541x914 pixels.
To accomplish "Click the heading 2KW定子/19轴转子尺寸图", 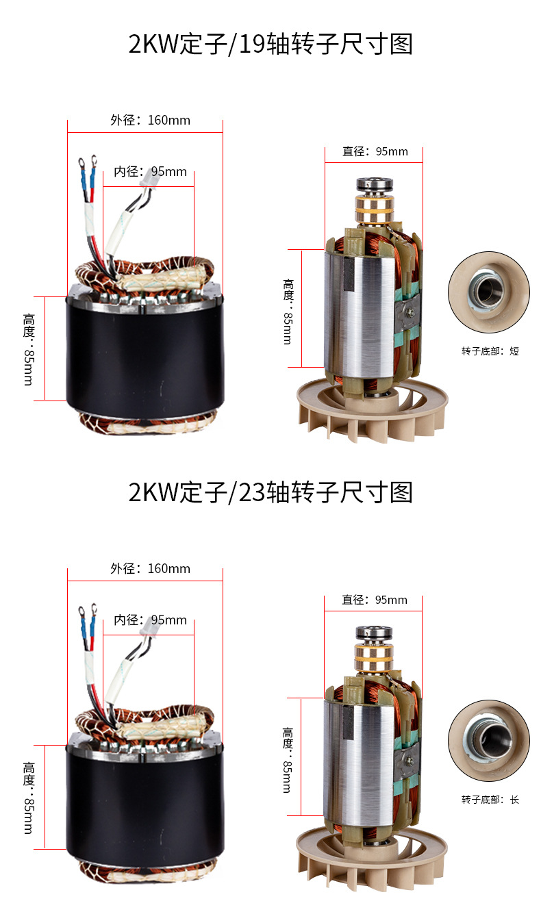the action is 270,44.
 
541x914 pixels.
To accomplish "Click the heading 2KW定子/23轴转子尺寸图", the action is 270,492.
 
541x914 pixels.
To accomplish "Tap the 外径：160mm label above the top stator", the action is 150,120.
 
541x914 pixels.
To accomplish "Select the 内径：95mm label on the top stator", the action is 150,171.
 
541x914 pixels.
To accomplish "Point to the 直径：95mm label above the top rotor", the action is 375,151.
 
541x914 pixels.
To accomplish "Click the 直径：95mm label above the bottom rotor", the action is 375,600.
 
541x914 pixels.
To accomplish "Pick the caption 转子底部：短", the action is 490,351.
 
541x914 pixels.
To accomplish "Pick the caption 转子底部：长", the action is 490,800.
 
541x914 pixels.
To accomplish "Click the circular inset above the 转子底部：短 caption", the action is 489,292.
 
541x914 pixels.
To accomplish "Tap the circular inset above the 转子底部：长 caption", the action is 489,741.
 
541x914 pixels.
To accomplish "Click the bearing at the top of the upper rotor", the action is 375,184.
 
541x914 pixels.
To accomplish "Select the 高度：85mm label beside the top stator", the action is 29,349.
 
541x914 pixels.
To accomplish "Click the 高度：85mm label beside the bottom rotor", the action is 288,760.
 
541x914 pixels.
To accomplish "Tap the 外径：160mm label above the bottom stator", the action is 150,568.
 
